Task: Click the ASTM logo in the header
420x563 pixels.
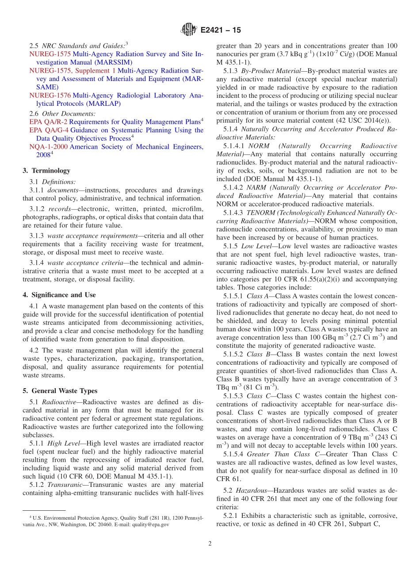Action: (x=189, y=30)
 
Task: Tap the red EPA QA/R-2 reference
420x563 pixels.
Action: (x=49, y=122)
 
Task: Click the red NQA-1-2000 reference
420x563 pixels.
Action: (x=49, y=147)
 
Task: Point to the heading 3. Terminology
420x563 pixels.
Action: (x=46, y=170)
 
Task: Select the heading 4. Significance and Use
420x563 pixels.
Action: (x=59, y=295)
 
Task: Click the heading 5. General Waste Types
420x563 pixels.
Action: (x=60, y=391)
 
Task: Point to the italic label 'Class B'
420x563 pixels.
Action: (x=257, y=355)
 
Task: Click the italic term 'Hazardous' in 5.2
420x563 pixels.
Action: (x=251, y=491)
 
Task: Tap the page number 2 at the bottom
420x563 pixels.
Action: (x=210, y=544)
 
